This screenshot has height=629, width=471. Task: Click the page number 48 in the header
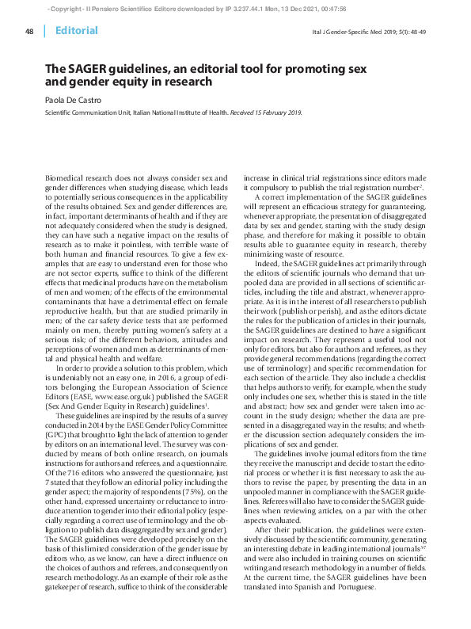pyautogui.click(x=29, y=31)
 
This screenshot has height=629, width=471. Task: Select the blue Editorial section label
pyautogui.click(x=77, y=31)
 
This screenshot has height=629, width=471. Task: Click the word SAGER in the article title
pyautogui.click(x=99, y=69)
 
